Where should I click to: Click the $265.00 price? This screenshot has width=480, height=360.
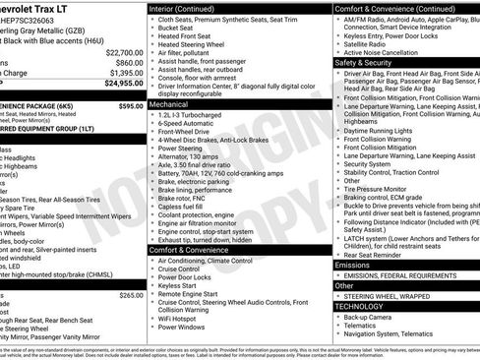pyautogui.click(x=131, y=295)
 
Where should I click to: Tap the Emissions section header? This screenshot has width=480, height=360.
pyautogui.click(x=352, y=265)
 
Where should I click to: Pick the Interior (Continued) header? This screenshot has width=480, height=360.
pyautogui.click(x=189, y=8)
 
